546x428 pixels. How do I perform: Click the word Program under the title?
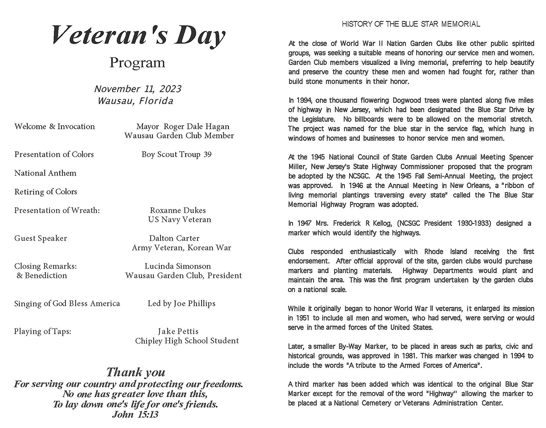(137, 62)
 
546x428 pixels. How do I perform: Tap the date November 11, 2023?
(137, 89)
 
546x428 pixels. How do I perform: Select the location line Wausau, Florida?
(136, 101)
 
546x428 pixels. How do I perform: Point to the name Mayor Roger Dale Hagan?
(182, 127)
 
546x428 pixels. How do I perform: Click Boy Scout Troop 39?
(177, 154)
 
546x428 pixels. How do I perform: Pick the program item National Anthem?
(45, 173)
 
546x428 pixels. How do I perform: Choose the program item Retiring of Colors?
(46, 192)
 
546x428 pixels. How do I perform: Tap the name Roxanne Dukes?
(177, 210)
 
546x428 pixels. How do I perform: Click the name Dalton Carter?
(174, 238)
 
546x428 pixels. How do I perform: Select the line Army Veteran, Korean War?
(182, 248)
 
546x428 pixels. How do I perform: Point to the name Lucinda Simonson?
(178, 266)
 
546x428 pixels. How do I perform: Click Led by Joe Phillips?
(182, 303)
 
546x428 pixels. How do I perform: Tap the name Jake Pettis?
(178, 331)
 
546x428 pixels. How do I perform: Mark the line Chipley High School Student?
(187, 341)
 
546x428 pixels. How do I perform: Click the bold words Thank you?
(136, 373)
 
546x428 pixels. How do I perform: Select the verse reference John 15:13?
(135, 415)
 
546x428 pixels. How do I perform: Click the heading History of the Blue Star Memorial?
(411, 24)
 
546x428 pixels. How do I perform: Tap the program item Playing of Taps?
(43, 331)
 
